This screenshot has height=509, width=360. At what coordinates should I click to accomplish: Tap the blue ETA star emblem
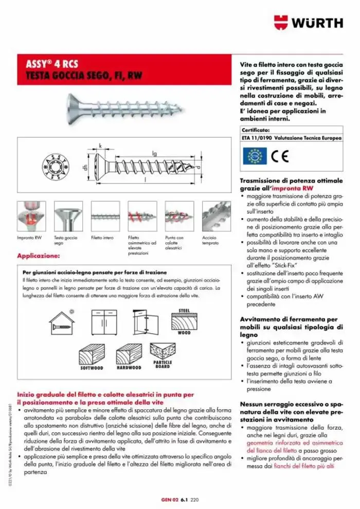point(254,156)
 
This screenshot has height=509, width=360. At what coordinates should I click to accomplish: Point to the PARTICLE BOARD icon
point(164,354)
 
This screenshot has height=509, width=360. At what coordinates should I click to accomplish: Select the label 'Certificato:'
point(256,130)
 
